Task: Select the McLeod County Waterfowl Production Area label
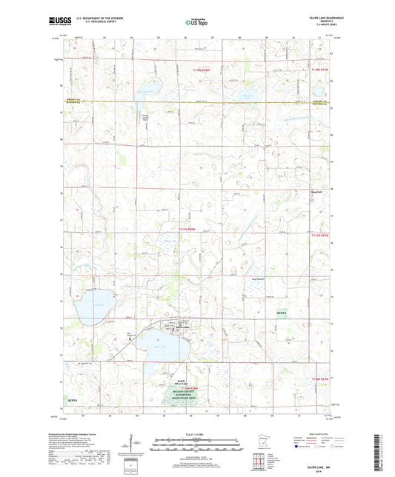[183, 392]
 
